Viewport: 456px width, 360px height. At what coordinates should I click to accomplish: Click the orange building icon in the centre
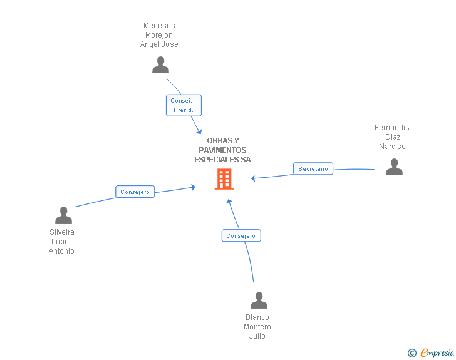pos(224,179)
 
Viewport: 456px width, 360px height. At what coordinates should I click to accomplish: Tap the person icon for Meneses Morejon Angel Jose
pos(161,65)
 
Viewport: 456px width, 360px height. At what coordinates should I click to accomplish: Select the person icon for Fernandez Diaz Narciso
pos(394,167)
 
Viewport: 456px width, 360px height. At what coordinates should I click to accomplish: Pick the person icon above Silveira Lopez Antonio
pos(63,215)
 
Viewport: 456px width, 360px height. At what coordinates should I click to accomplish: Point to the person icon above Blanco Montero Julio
pos(259,301)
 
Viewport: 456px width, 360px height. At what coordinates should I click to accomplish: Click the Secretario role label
pos(313,169)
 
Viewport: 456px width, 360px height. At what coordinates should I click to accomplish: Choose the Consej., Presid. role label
pos(184,105)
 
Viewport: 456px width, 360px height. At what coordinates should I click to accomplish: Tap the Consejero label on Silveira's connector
pos(135,192)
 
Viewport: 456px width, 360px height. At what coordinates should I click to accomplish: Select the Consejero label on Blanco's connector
pos(241,236)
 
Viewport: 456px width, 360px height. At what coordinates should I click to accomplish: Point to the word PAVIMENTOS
pos(222,150)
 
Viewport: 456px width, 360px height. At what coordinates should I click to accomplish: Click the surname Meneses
pos(159,26)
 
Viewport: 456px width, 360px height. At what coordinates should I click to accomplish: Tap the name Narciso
pos(392,147)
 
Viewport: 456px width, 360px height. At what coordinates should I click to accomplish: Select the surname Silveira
pos(62,232)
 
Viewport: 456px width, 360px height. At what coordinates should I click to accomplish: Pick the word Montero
pos(257,327)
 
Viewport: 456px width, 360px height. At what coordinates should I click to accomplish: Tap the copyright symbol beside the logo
pos(412,354)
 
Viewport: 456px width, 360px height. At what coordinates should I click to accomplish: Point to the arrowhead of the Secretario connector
pos(253,178)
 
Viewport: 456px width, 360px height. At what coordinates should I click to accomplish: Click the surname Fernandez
pos(393,128)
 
